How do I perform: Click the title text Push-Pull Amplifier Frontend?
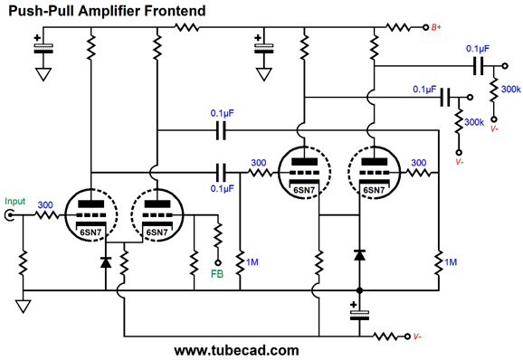(107, 11)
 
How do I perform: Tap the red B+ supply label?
(435, 28)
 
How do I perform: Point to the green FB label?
(216, 272)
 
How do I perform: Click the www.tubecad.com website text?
(236, 349)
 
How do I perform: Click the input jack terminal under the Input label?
(11, 215)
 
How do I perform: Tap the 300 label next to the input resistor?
(46, 204)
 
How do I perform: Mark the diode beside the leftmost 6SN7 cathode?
(108, 261)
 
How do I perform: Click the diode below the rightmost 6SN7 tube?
(360, 256)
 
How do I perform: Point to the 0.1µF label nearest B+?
(478, 47)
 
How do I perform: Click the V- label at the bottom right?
(415, 336)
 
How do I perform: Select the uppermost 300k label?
(509, 89)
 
